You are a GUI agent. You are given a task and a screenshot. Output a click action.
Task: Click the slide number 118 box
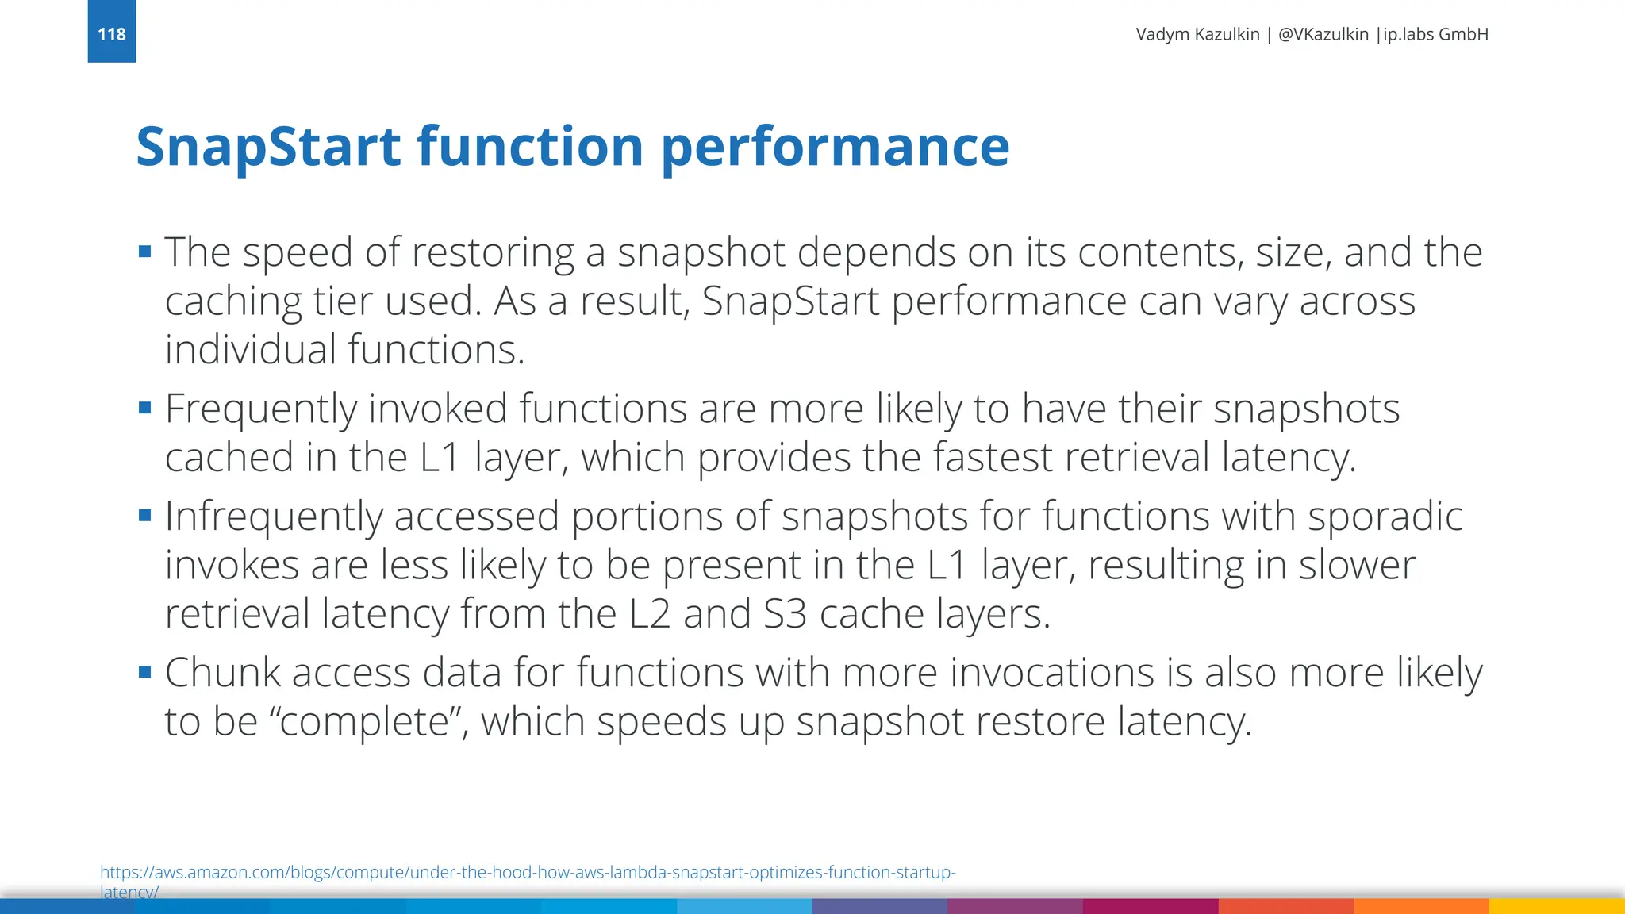pyautogui.click(x=112, y=33)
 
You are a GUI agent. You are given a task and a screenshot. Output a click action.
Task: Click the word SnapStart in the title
pyautogui.click(x=268, y=147)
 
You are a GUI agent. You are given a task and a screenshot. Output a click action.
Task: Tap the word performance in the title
pyautogui.click(x=835, y=147)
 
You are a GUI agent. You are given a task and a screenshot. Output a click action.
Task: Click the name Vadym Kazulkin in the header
pyautogui.click(x=1197, y=34)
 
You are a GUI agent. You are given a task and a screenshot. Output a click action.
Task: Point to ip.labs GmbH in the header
pyautogui.click(x=1435, y=34)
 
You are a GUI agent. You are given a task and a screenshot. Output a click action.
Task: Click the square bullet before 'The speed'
pyautogui.click(x=144, y=252)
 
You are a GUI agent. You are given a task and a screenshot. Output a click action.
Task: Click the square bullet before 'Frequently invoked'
pyautogui.click(x=144, y=409)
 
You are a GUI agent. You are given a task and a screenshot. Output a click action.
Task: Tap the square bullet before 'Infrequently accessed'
pyautogui.click(x=144, y=516)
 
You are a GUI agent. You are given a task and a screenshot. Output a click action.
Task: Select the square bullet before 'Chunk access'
pyautogui.click(x=144, y=672)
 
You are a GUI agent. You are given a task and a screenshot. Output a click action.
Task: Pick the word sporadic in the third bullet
pyautogui.click(x=1385, y=517)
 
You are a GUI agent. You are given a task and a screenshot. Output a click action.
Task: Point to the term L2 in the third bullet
pyautogui.click(x=650, y=614)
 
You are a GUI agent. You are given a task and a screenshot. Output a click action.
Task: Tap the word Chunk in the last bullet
pyautogui.click(x=222, y=673)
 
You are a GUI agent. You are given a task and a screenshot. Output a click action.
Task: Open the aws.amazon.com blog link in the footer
pyautogui.click(x=527, y=873)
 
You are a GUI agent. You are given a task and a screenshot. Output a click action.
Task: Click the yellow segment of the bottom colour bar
pyautogui.click(x=1556, y=906)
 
